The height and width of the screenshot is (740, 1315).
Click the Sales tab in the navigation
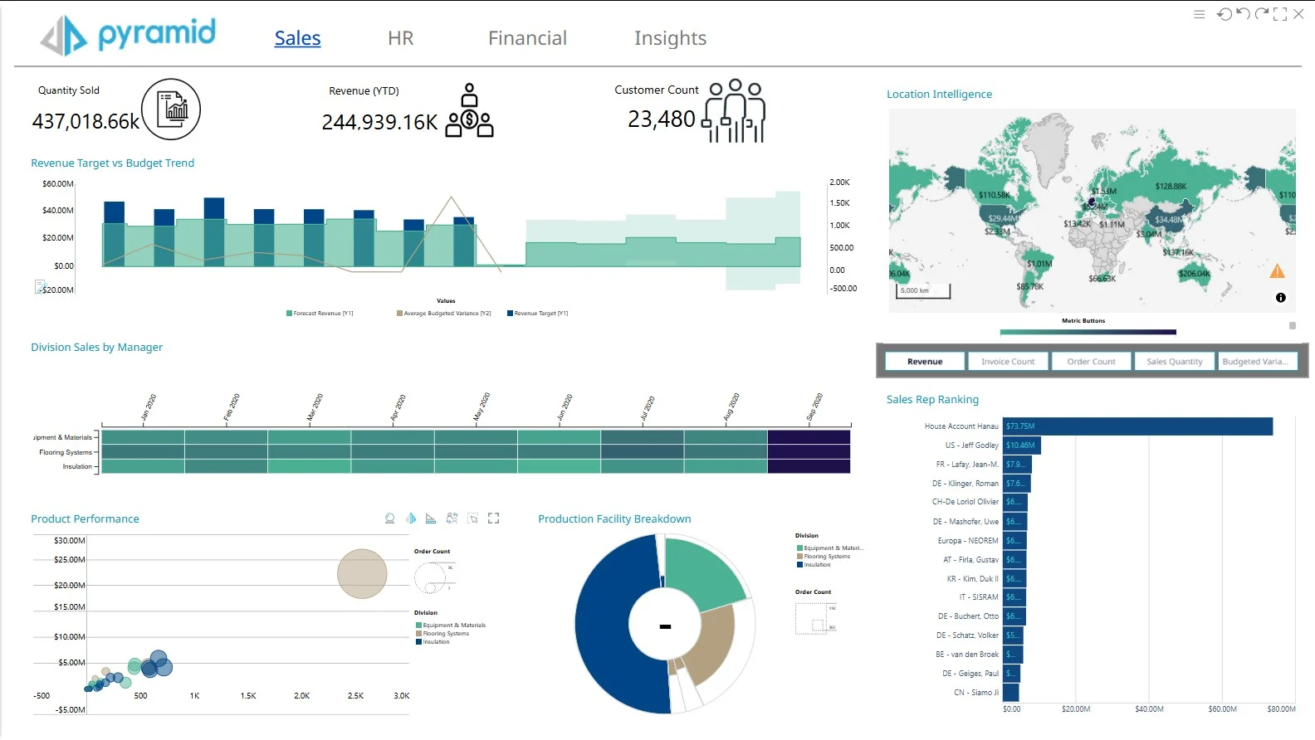297,38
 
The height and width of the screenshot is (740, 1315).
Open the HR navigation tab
400,38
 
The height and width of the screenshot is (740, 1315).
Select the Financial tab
527,38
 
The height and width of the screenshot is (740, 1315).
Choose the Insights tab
670,38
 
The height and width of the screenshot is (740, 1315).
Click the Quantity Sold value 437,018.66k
86,122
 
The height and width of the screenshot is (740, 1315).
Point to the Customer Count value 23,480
661,119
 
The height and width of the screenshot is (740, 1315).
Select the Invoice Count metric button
1008,362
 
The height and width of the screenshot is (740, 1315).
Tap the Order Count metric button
1091,362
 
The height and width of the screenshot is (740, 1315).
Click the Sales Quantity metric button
1174,362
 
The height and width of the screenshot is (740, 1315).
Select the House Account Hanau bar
1137,426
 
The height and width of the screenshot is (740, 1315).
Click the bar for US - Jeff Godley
1021,445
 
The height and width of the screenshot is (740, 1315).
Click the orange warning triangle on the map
1277,271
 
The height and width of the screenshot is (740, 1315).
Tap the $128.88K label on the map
1171,187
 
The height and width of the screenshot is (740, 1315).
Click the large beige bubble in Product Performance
362,573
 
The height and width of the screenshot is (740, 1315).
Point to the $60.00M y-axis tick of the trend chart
58,184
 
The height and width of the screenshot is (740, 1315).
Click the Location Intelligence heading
939,95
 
